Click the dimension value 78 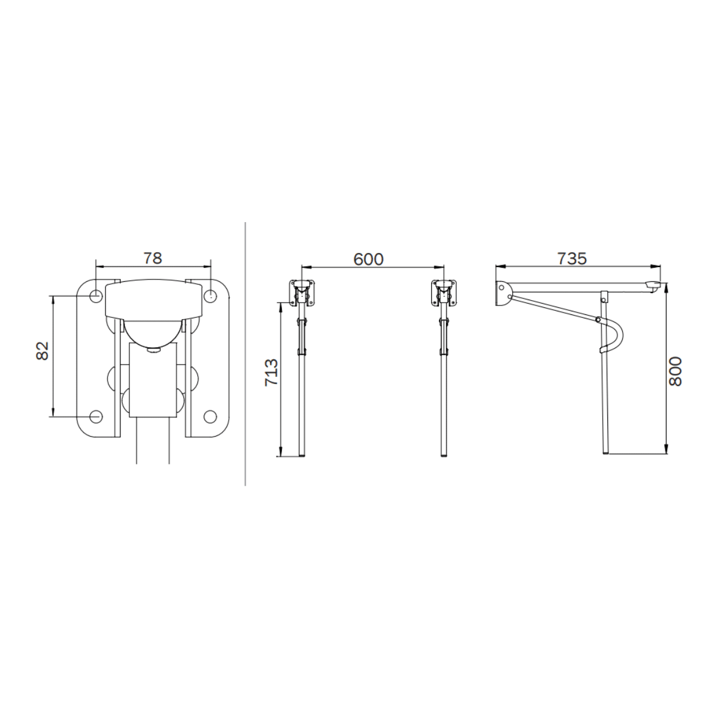[152, 258]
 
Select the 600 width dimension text [369, 259]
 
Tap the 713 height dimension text [271, 372]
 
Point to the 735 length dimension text [571, 259]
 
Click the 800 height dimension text [675, 371]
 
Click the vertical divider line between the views [245, 354]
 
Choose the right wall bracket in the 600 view [444, 292]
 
